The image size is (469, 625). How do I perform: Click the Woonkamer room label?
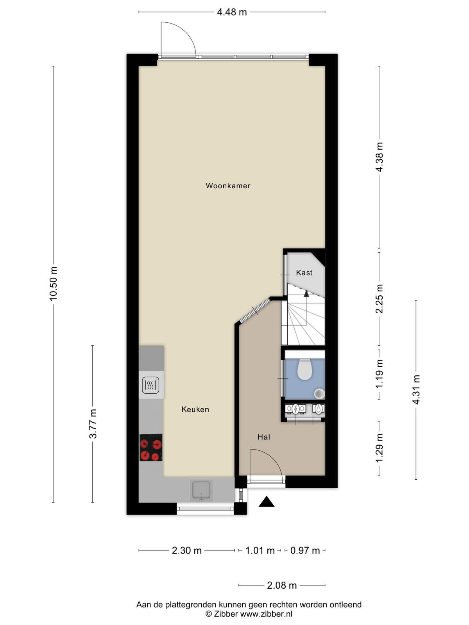click(228, 186)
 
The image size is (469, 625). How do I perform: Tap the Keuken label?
click(195, 409)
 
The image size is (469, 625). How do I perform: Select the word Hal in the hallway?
click(264, 437)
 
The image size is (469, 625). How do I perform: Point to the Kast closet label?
click(304, 273)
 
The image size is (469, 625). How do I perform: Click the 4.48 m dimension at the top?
click(232, 12)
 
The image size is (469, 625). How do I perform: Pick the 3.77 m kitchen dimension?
click(93, 424)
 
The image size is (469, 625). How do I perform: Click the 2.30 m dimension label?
click(187, 550)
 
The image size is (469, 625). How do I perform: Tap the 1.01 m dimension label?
click(260, 550)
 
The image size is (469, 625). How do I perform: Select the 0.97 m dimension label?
click(305, 550)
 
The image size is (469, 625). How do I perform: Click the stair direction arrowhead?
click(306, 294)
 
